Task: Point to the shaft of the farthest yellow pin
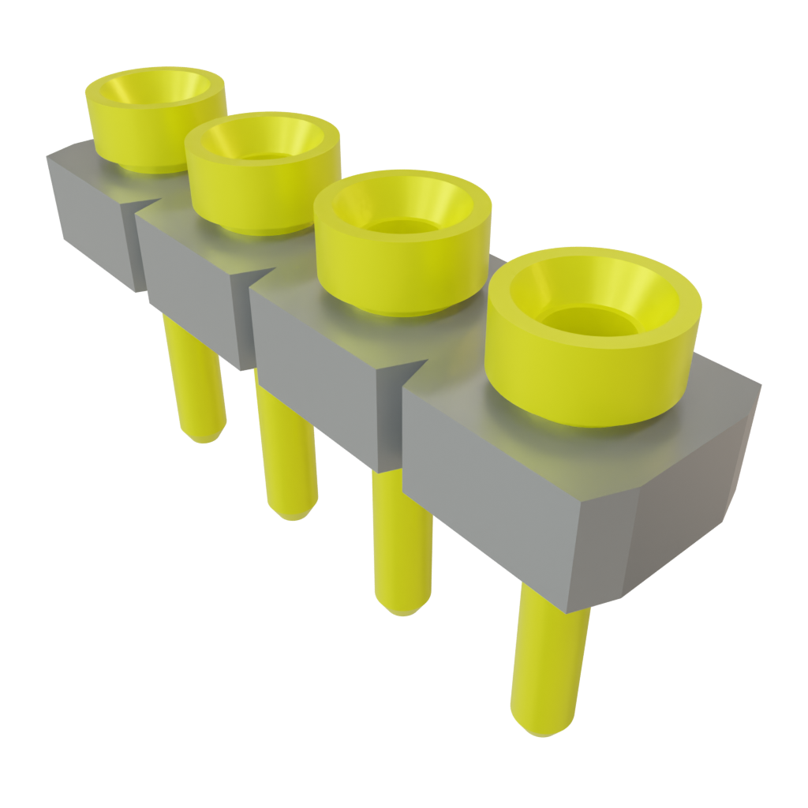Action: click(x=193, y=379)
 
